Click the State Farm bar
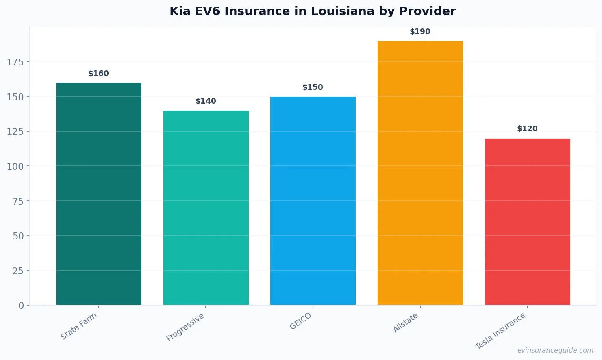click(x=99, y=194)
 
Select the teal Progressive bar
click(x=206, y=208)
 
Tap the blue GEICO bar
click(x=313, y=201)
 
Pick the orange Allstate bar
click(x=420, y=173)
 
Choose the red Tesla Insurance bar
click(x=527, y=221)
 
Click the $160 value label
click(x=99, y=74)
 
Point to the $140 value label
click(x=206, y=101)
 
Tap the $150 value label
click(x=313, y=87)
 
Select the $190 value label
click(x=420, y=32)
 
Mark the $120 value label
click(x=527, y=129)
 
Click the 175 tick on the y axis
click(x=15, y=62)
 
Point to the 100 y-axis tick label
click(x=15, y=166)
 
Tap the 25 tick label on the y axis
click(x=18, y=271)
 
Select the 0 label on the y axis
click(x=21, y=306)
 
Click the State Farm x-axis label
click(x=79, y=326)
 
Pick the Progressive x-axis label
click(x=185, y=327)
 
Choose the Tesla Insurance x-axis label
click(x=500, y=331)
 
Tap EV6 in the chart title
click(x=208, y=11)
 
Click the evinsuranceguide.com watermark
click(x=555, y=350)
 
